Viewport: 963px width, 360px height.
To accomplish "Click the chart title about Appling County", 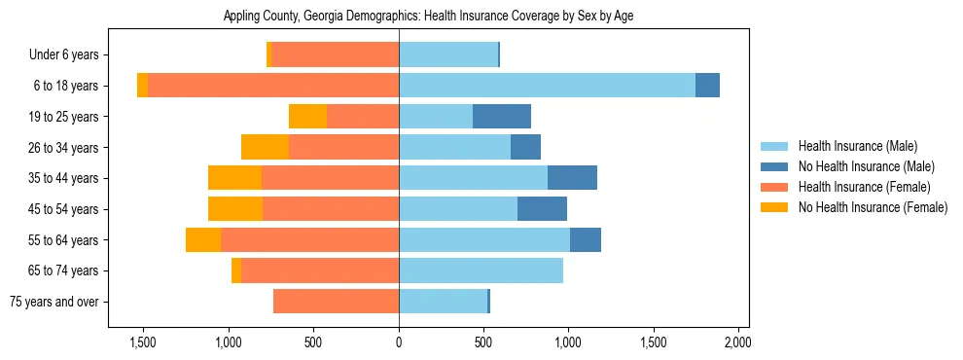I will [428, 17].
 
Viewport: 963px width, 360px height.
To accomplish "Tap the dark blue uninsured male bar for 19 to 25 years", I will [502, 117].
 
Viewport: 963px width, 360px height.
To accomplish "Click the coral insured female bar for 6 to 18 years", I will [273, 86].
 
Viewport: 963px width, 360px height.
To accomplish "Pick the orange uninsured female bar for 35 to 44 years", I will [234, 178].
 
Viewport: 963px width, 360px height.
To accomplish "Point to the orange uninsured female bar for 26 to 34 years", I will [265, 147].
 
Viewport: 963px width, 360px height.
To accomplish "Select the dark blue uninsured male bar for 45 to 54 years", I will [542, 209].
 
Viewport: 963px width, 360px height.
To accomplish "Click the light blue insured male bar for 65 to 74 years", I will [481, 270].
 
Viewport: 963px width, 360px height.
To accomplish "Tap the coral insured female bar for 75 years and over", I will [336, 302].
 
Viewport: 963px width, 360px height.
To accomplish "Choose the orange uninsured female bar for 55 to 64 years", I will [203, 239].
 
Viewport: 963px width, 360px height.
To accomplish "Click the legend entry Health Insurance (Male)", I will [857, 146].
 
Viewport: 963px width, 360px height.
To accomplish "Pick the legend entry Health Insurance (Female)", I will [864, 187].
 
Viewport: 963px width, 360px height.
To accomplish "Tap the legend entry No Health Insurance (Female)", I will [873, 207].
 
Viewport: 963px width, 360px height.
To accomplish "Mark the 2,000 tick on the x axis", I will [737, 342].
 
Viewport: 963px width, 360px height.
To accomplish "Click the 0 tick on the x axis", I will [399, 342].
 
